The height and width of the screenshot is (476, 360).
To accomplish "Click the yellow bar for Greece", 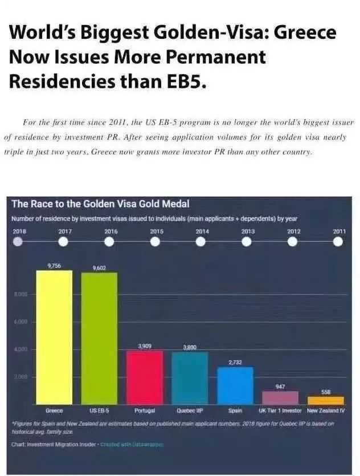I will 54,337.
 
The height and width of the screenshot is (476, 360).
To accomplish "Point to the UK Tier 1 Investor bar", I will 280,398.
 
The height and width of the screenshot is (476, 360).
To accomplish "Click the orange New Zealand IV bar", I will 326,401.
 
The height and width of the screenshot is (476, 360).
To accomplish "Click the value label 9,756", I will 54,266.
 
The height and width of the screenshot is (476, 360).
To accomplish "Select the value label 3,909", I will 145,346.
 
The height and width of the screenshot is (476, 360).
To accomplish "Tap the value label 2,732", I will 235,362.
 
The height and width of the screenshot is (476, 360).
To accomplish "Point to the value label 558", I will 326,392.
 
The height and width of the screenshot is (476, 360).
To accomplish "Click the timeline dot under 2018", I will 18,242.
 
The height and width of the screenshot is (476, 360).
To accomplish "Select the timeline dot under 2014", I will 201,242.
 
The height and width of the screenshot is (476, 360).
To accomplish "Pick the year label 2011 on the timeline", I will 339,231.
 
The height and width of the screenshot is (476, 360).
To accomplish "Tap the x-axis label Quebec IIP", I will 190,410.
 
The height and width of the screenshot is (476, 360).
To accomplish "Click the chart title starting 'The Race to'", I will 100,204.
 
